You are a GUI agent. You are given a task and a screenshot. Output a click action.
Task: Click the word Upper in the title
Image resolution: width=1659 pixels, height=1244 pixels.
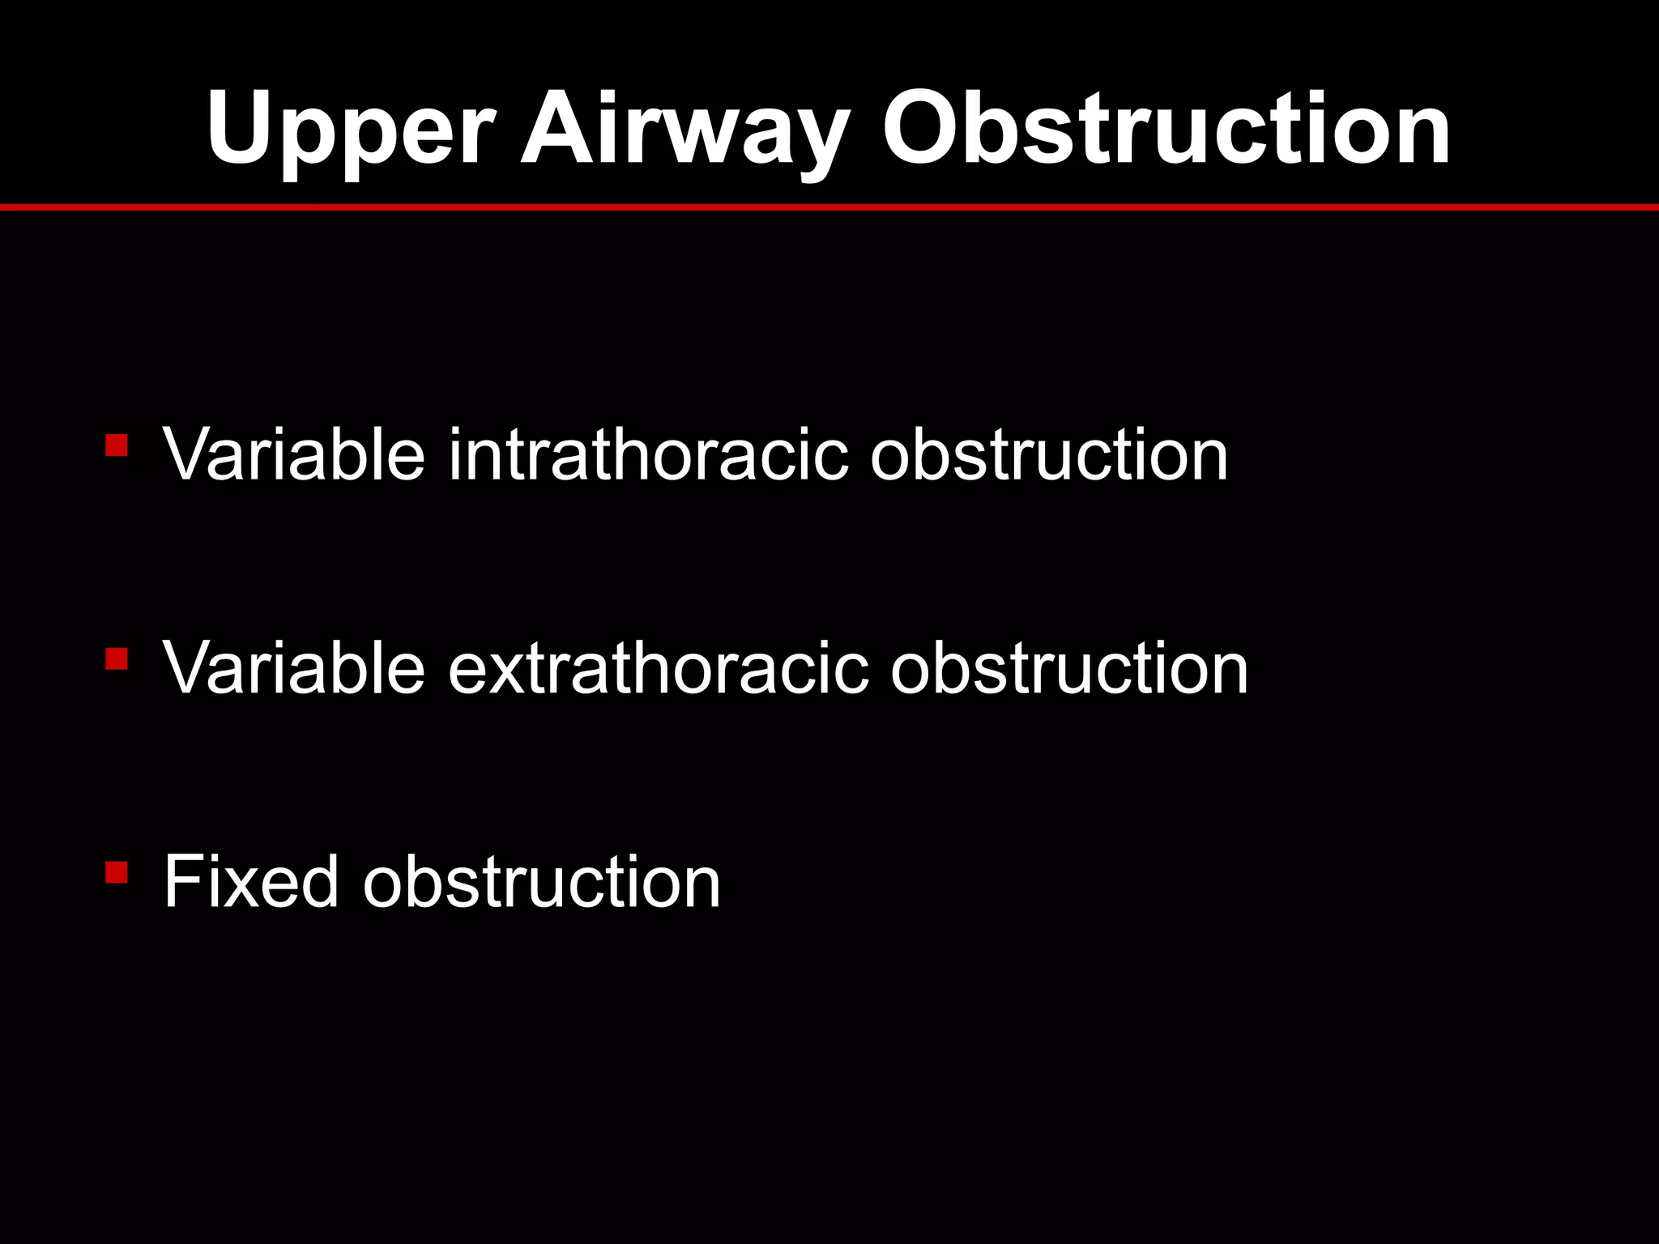349,130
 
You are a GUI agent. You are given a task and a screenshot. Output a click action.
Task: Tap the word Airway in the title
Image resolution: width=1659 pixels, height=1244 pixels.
685,130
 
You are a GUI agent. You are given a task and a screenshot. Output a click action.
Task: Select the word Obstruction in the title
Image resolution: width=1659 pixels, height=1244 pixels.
1166,130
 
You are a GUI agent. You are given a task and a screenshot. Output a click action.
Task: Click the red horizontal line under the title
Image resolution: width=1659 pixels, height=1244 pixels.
829,208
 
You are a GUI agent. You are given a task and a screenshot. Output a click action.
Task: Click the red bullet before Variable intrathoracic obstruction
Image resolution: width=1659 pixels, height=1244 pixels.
117,445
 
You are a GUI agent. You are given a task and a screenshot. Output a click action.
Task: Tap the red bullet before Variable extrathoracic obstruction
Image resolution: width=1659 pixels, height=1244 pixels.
117,658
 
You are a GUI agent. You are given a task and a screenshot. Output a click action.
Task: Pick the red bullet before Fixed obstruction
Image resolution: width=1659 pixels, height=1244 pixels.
117,872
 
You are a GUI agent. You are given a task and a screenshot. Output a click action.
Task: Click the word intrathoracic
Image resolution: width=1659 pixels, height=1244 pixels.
648,455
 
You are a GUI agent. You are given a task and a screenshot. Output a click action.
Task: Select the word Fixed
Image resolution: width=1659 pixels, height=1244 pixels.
250,882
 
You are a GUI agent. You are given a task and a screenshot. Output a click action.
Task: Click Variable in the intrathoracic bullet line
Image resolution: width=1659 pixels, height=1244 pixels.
294,455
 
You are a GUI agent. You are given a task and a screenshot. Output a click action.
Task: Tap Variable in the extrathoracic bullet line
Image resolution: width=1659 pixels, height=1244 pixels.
294,668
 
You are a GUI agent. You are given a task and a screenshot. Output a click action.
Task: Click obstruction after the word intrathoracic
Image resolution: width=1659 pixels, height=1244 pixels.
1049,455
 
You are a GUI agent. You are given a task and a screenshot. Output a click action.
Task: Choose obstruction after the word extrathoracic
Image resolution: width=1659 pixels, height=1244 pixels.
1069,668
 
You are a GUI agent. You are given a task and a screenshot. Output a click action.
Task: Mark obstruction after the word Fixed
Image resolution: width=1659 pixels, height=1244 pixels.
541,882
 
